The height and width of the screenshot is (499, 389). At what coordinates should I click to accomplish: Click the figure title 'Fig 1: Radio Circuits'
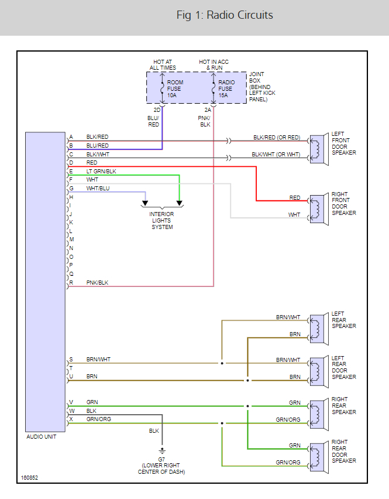(x=225, y=15)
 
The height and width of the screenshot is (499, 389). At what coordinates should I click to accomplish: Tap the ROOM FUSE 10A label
(x=175, y=89)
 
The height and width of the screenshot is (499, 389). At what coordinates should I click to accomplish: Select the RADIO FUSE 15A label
(x=225, y=89)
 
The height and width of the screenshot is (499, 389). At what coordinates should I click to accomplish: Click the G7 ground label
(x=161, y=459)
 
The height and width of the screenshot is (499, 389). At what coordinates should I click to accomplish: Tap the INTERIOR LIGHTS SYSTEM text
(x=162, y=221)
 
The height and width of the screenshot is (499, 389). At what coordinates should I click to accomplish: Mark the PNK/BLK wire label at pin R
(x=97, y=283)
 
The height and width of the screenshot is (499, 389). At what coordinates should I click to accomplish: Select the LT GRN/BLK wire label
(x=101, y=171)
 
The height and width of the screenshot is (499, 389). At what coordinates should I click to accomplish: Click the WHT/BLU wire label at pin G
(x=98, y=189)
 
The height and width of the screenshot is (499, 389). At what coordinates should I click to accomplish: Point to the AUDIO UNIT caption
(x=42, y=437)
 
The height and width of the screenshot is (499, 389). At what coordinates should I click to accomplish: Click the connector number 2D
(x=157, y=110)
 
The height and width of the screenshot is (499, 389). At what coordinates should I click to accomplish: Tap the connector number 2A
(x=208, y=110)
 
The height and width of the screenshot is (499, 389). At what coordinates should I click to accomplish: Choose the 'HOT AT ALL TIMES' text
(x=163, y=64)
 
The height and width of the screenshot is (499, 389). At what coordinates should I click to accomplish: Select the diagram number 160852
(x=30, y=478)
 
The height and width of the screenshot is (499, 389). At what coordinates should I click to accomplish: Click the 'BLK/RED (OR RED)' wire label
(x=276, y=137)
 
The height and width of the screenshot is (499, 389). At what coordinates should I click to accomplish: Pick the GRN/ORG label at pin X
(x=99, y=419)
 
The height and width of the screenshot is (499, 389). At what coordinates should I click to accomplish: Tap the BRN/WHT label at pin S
(x=98, y=359)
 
